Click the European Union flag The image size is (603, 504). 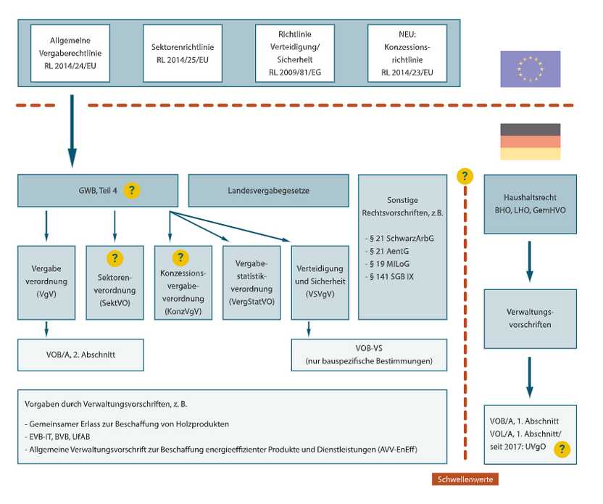click(530, 68)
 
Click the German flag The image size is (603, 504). click(530, 141)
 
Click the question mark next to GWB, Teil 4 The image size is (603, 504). click(131, 191)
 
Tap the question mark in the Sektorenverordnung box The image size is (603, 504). click(115, 257)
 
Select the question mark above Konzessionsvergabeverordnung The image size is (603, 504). click(181, 257)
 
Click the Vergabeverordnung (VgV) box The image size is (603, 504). click(46, 282)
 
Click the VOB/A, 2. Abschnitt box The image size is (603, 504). click(80, 355)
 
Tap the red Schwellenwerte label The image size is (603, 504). click(465, 479)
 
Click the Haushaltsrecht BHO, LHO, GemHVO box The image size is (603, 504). click(530, 203)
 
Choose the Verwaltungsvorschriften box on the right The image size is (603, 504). click(530, 319)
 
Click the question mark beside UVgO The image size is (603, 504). click(560, 449)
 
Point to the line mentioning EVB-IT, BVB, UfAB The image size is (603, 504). click(66, 437)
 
